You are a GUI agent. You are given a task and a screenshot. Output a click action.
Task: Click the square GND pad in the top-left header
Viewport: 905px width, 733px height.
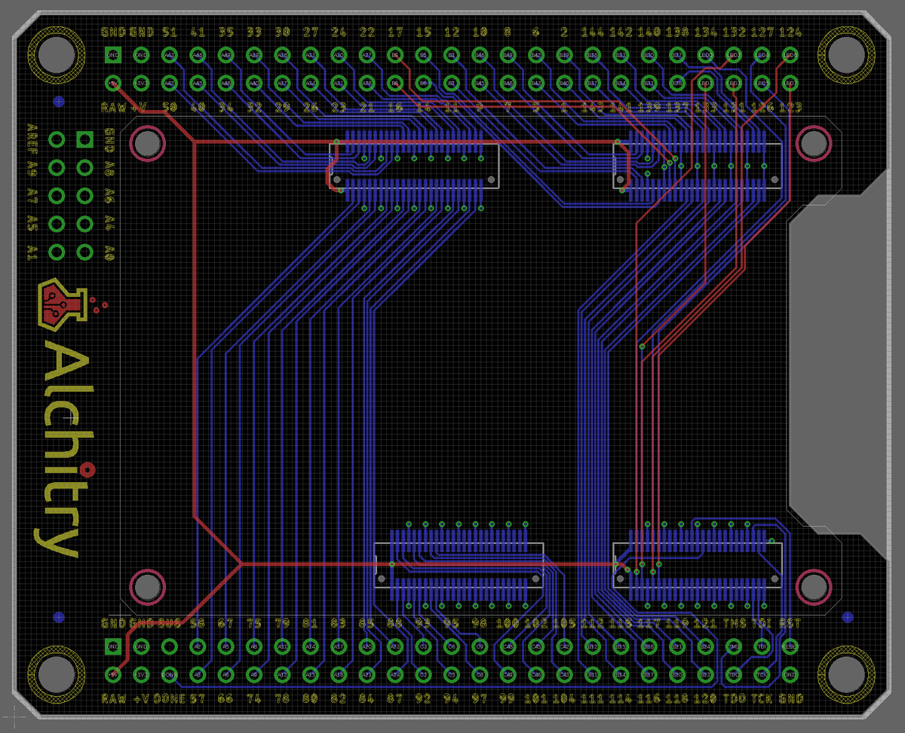pos(112,54)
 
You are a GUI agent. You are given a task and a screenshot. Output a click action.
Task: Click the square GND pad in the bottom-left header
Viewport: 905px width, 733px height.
pos(112,646)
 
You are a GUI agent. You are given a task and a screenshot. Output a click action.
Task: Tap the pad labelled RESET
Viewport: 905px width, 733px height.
pos(790,646)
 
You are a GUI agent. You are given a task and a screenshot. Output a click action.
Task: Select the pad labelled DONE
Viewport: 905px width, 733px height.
pos(169,673)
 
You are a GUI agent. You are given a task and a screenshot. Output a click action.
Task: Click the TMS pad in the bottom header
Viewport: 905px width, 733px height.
pos(733,646)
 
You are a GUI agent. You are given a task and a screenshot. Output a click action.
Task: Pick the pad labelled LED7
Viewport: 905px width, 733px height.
pos(790,82)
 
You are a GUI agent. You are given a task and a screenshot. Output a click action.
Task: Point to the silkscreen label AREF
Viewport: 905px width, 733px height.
pos(32,138)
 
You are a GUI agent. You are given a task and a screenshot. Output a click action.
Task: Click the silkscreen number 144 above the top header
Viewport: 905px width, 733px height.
pos(592,32)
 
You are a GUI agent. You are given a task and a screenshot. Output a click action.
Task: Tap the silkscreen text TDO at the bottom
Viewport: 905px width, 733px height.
pos(734,698)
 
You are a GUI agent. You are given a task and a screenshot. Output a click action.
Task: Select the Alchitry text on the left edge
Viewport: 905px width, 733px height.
pos(59,444)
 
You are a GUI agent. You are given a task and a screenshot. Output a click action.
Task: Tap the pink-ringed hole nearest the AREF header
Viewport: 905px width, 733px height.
pos(147,142)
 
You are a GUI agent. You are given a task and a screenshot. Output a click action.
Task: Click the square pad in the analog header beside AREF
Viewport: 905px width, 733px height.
pos(84,139)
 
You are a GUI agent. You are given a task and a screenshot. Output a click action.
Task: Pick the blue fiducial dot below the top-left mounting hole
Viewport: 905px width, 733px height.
pos(59,100)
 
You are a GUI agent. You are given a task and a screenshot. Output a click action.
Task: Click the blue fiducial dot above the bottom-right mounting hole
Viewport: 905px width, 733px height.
pos(848,617)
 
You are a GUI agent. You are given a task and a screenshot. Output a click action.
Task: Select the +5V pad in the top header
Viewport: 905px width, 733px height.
pos(112,82)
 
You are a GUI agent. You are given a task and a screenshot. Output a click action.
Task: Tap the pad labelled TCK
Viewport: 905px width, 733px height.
pos(762,673)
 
